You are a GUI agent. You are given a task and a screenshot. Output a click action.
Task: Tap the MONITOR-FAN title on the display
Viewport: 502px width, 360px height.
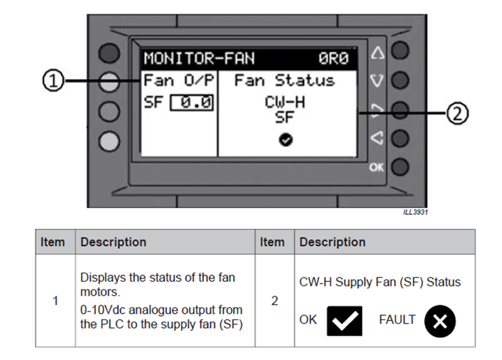[x=200, y=57]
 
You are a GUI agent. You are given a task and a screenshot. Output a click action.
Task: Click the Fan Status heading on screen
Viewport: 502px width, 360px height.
[x=284, y=81]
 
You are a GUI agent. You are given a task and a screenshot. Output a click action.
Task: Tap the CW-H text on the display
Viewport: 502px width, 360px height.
[x=284, y=102]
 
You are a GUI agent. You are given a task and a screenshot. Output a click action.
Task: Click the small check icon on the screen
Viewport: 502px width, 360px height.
[x=285, y=140]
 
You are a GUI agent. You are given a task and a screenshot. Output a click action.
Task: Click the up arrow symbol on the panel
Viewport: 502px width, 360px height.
[x=377, y=53]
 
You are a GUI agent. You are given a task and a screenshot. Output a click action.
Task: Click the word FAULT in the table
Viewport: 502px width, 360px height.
[x=397, y=319]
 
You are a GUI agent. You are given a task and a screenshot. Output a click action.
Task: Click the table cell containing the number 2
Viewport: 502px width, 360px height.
[x=274, y=300]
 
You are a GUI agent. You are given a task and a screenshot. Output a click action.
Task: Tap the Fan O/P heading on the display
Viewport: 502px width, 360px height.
[x=178, y=81]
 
